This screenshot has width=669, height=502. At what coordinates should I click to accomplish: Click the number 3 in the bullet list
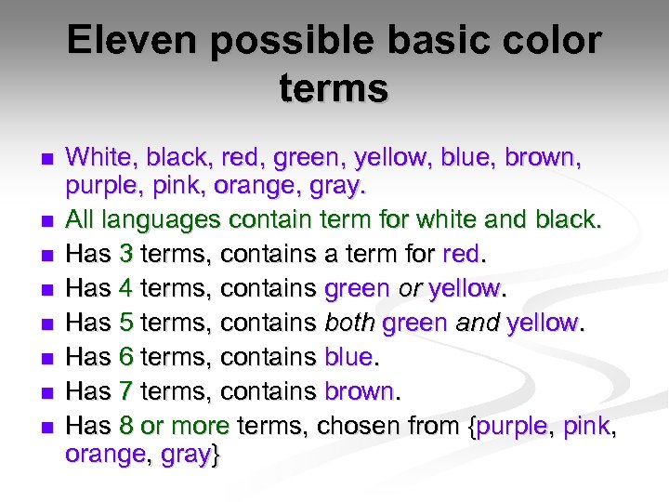(x=126, y=255)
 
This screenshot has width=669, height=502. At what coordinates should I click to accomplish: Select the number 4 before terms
(x=126, y=289)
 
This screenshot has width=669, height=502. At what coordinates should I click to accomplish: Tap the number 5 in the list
(x=126, y=324)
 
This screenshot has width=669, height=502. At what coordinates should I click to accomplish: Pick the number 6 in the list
(x=126, y=358)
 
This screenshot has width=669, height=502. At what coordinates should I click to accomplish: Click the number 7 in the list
(x=126, y=391)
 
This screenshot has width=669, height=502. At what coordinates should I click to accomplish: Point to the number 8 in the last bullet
(x=126, y=426)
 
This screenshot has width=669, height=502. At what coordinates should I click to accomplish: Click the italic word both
(x=349, y=324)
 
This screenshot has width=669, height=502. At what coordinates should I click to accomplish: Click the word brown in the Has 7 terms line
(x=360, y=391)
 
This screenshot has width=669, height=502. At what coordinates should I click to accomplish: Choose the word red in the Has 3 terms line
(x=462, y=255)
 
